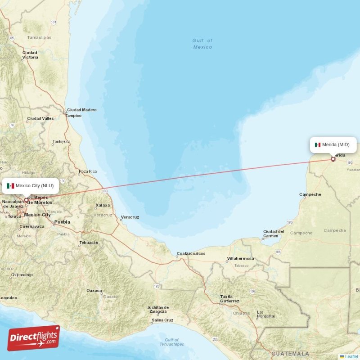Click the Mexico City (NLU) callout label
[30, 186]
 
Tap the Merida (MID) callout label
[333, 144]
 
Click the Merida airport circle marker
[333, 159]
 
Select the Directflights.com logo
[33, 338]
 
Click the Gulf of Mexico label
[202, 44]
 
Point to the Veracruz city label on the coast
[130, 217]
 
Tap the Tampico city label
[73, 116]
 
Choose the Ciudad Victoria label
[30, 55]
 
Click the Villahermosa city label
[240, 259]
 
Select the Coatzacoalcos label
[191, 253]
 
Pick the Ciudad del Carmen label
[274, 234]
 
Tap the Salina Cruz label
[162, 320]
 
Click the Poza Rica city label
[87, 171]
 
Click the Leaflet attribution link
[351, 356]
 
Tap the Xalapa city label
[103, 205]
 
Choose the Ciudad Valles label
[40, 119]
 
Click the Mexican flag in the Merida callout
[318, 144]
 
